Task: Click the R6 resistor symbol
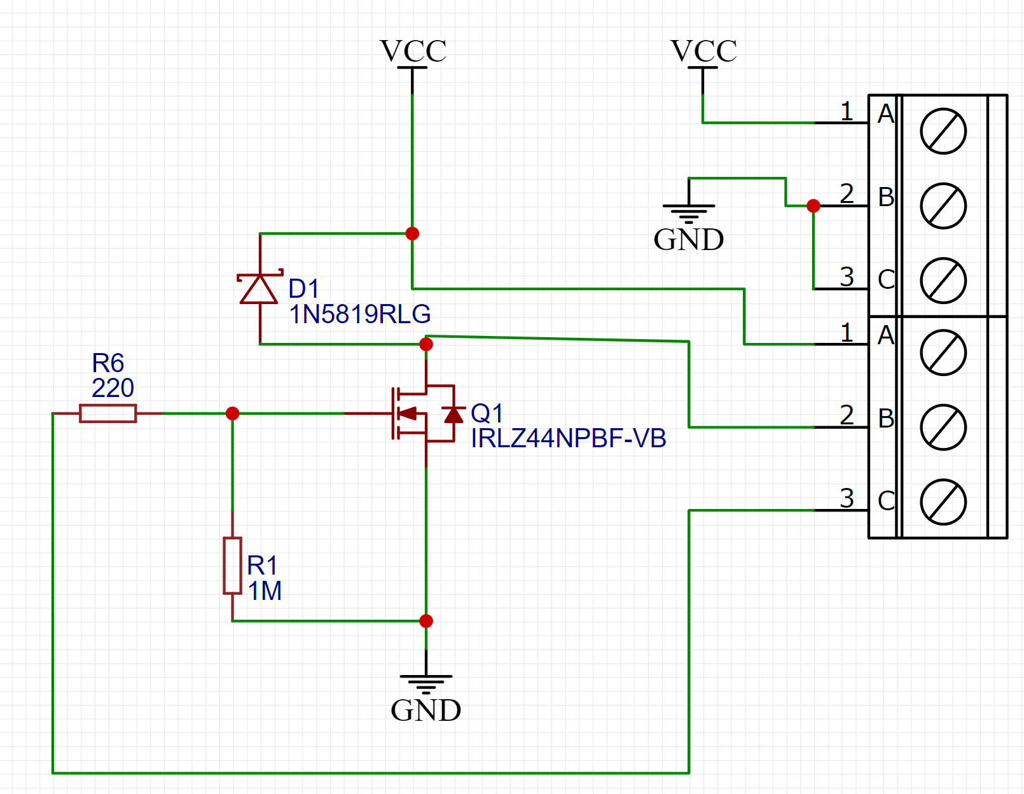coord(107,414)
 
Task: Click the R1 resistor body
coord(232,566)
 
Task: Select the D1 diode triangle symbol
coord(259,289)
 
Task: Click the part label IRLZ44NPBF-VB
coord(568,438)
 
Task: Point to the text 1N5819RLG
coord(360,314)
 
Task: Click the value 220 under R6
coord(113,388)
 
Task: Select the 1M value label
coord(265,591)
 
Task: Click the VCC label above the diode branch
coord(413,52)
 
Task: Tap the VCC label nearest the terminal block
coord(703,52)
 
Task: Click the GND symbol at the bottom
coord(426,684)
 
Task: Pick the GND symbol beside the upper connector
coord(689,213)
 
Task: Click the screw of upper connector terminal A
coord(943,131)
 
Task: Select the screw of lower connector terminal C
coord(943,502)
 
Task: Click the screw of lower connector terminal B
coord(943,427)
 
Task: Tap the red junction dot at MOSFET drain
coord(426,344)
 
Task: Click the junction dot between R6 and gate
coord(232,414)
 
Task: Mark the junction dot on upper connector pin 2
coord(813,205)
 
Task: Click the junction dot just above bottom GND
coord(426,621)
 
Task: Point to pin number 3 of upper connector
coord(847,277)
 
